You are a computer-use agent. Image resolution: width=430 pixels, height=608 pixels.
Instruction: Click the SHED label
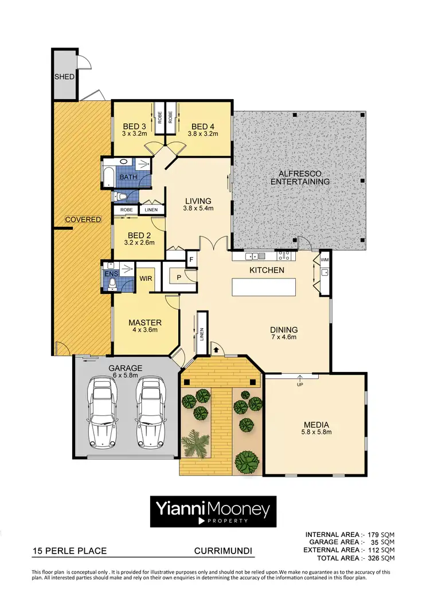[x=64, y=77]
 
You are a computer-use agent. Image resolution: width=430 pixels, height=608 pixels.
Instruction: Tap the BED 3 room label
[x=135, y=127]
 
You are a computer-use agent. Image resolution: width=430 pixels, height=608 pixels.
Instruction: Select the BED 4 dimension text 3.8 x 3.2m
[x=203, y=134]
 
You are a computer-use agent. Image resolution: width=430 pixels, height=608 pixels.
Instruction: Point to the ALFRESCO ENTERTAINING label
[x=300, y=177]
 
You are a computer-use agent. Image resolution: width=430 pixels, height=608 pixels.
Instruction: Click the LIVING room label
[x=198, y=201]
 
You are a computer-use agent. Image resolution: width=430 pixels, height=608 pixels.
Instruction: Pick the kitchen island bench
[x=264, y=287]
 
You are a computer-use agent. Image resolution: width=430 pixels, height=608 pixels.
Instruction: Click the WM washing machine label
[x=325, y=260]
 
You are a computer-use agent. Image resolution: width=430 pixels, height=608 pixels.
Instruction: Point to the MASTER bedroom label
[x=144, y=322]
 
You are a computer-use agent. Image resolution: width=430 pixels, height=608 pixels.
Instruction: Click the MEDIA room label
[x=317, y=425]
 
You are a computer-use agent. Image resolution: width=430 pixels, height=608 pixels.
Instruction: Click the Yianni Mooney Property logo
[x=213, y=511]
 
